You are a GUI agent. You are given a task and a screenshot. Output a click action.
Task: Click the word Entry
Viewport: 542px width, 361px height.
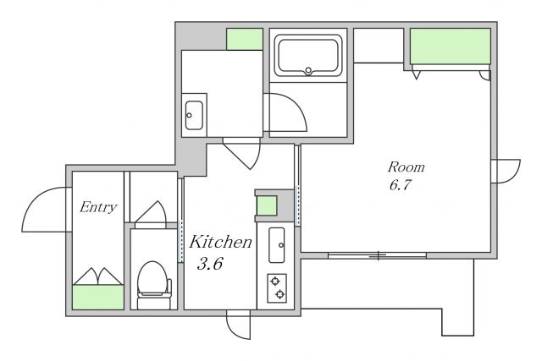[98, 207]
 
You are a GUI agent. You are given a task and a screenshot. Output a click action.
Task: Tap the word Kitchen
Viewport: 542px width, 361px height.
[220, 242]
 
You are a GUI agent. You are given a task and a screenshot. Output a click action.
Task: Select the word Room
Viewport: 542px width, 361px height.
[406, 167]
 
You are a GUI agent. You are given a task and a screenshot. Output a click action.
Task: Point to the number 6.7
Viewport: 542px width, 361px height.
[400, 185]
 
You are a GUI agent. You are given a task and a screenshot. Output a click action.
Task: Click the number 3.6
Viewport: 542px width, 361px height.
[210, 264]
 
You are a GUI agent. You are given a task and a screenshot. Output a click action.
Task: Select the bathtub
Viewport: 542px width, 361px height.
[308, 56]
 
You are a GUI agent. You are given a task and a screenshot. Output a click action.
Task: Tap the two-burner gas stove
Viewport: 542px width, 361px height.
[277, 288]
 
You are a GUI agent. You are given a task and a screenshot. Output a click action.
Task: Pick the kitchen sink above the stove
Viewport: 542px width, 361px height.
[277, 245]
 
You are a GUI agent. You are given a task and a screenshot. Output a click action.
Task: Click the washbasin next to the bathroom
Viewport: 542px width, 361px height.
[194, 115]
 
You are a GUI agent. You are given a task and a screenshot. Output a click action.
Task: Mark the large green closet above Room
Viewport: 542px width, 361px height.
[451, 46]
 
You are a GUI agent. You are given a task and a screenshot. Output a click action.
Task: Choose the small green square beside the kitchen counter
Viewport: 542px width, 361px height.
[267, 205]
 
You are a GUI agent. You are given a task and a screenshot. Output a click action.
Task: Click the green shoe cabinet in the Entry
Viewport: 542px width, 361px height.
[98, 297]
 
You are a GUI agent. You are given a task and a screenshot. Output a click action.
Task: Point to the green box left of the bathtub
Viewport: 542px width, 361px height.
[245, 39]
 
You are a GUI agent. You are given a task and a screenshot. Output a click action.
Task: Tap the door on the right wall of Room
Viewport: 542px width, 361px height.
[506, 172]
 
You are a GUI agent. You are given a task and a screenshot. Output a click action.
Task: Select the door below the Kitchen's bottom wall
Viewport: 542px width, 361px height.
[238, 325]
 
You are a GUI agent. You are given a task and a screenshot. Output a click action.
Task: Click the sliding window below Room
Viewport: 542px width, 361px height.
[377, 255]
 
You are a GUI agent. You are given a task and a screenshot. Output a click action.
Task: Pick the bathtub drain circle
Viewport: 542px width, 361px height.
[308, 71]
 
